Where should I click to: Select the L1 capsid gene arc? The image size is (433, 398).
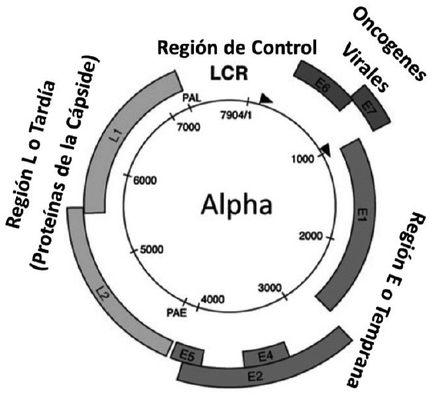pos(115,138)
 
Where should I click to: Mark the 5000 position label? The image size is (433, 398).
pos(152,250)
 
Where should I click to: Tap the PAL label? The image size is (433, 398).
pos(192,98)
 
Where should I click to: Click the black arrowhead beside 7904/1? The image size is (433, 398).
pos(265,98)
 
